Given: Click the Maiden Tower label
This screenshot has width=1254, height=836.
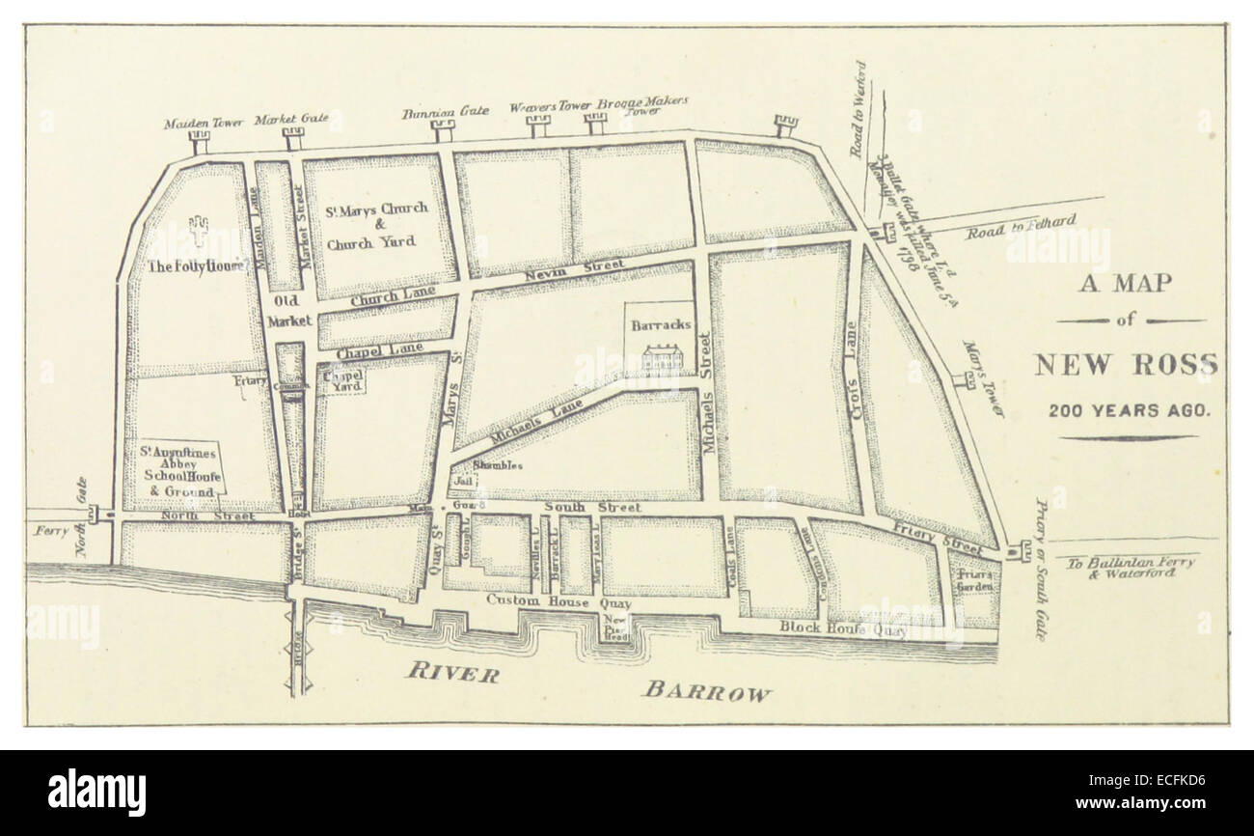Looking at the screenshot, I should click(x=198, y=123).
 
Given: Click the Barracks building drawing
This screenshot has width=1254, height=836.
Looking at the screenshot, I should click(x=661, y=358).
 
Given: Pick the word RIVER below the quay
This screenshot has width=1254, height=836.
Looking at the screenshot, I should click(x=451, y=673).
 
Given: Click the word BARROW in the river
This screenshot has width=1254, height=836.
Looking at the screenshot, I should click(x=708, y=691).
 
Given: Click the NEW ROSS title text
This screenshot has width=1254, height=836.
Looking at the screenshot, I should click(x=1125, y=366).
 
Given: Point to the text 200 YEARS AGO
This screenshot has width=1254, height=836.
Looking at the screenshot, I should click(x=1129, y=409).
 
